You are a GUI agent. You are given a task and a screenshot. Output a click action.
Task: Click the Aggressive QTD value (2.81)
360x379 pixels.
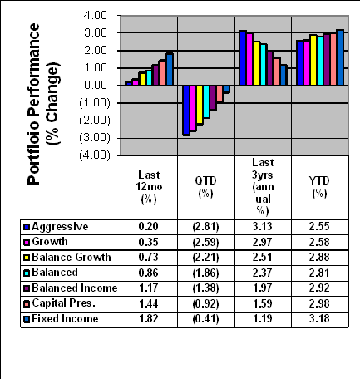[x=205, y=227]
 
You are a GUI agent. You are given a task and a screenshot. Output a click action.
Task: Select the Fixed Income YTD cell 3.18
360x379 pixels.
[x=319, y=319]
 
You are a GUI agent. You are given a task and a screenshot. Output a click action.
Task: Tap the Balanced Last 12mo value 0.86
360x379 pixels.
[x=149, y=273]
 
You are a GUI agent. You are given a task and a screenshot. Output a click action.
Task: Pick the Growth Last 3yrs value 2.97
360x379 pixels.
[x=262, y=242]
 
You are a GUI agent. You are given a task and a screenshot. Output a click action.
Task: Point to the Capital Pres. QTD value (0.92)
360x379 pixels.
[x=205, y=304]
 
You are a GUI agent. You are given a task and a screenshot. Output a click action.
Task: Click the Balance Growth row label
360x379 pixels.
[x=72, y=258]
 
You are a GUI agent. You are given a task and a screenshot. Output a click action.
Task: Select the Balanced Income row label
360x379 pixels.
[x=75, y=288]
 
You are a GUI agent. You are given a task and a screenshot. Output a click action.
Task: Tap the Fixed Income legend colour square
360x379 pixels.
[x=27, y=320]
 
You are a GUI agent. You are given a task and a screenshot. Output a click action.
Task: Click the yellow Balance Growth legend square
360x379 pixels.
[x=27, y=258]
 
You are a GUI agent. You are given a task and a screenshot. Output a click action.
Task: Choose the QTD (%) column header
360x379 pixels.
[x=205, y=187]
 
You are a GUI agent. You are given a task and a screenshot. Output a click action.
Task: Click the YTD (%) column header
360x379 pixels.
[x=319, y=187]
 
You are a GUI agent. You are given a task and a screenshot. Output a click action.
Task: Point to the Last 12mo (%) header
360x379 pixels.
[x=149, y=187]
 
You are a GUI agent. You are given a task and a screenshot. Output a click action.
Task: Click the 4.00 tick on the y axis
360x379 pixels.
[x=96, y=16]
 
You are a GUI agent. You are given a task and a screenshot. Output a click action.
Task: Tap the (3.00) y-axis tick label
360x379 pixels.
[x=95, y=138]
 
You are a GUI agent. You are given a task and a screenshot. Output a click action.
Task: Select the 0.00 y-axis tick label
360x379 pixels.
[x=96, y=86]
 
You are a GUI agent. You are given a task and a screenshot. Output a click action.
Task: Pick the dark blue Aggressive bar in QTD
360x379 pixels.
[x=186, y=111]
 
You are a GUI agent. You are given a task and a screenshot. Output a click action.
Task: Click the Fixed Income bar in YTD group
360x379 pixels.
[x=340, y=57]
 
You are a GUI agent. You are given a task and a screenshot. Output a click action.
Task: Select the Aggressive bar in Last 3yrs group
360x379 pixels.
[x=243, y=58]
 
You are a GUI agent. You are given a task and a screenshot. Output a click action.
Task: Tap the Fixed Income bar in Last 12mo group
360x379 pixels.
[x=170, y=69]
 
